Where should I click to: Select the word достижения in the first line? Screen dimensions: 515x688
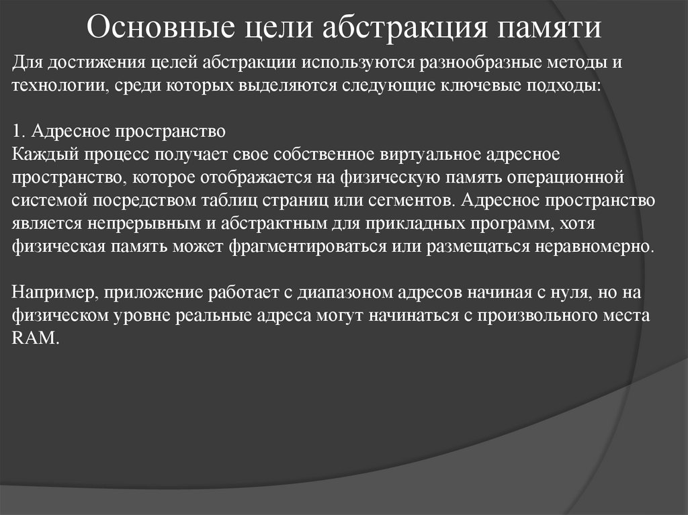click(90, 64)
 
